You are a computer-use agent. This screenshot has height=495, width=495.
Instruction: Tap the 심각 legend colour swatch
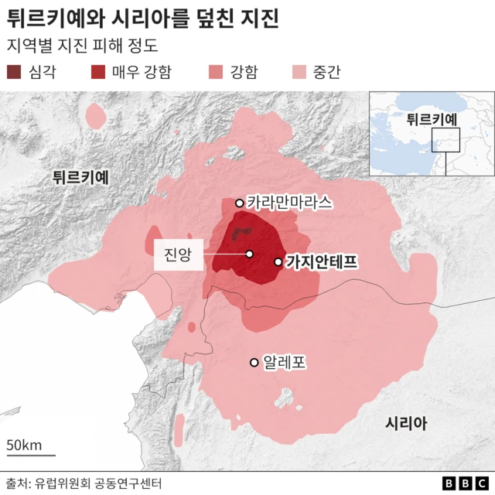pos(15,73)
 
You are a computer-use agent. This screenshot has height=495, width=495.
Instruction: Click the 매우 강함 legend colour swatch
pos(98,73)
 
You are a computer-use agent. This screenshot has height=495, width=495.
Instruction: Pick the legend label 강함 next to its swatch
pos(244,73)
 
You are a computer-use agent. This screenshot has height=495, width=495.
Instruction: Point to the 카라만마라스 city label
pos(290,203)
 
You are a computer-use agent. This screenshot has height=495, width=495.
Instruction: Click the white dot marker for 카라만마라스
pos(240,203)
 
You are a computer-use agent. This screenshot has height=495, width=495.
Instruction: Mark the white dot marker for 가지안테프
pos(278,262)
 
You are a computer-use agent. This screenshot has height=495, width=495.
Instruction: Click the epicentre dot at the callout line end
pos(249,254)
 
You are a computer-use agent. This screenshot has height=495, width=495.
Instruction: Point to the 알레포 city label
pos(285,361)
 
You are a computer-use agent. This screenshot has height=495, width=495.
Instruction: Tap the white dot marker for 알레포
pos(254,362)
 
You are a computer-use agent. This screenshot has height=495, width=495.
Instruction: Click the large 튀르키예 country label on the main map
pos(80,177)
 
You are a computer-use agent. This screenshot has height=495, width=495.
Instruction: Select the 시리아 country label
pos(406,423)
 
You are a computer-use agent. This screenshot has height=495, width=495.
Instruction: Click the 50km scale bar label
pos(24,445)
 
